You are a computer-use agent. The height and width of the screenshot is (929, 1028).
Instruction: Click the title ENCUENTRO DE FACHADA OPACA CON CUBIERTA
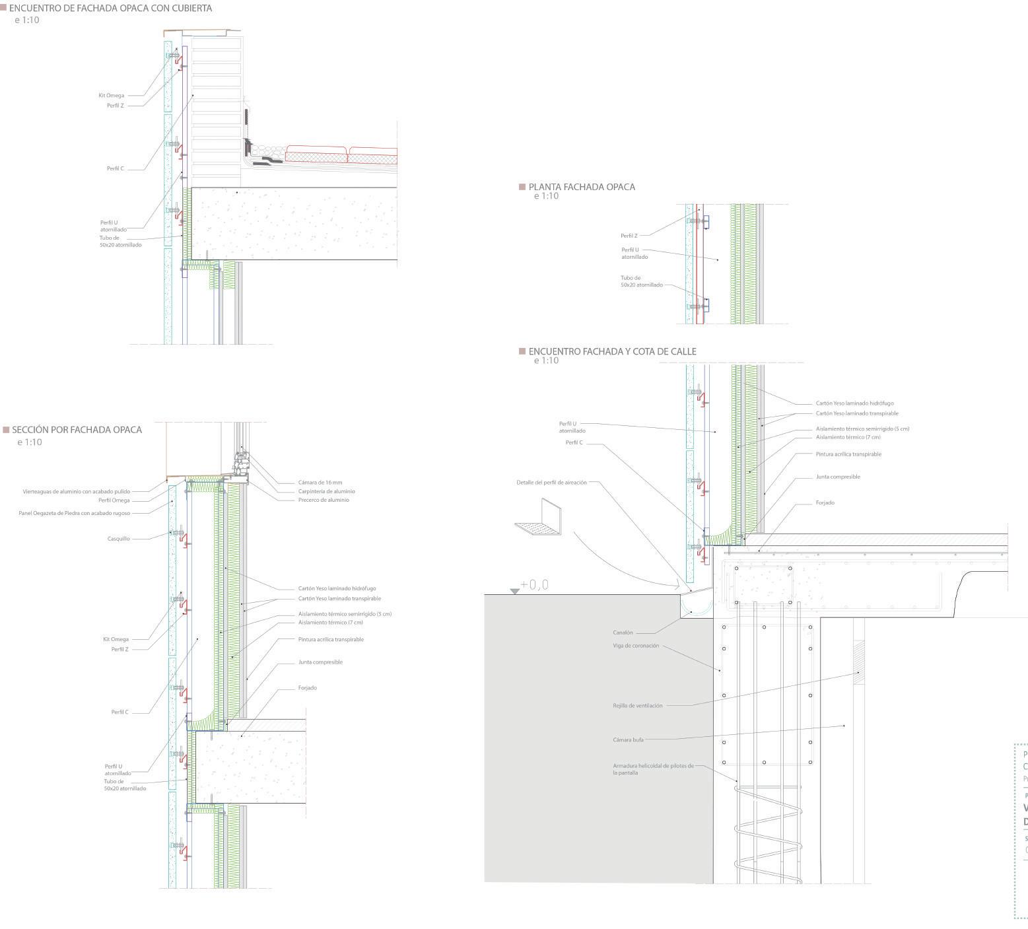pyautogui.click(x=110, y=9)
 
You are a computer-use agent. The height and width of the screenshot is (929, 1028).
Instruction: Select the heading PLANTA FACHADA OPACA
pyautogui.click(x=582, y=187)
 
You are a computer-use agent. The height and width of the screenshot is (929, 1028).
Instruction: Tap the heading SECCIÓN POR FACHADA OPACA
pyautogui.click(x=77, y=430)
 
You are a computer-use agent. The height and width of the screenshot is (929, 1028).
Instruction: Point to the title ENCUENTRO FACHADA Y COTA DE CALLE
pyautogui.click(x=612, y=351)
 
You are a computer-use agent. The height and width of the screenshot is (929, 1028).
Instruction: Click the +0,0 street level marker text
pyautogui.click(x=534, y=585)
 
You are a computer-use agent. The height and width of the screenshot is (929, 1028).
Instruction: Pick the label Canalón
pyautogui.click(x=623, y=633)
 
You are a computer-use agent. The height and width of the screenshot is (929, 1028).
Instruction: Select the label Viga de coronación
pyautogui.click(x=636, y=646)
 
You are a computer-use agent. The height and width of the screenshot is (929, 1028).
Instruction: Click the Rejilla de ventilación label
pyautogui.click(x=637, y=705)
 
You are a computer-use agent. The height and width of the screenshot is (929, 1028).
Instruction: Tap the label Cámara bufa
pyautogui.click(x=628, y=740)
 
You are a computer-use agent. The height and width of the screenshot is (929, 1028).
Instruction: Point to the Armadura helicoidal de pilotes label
pyautogui.click(x=653, y=769)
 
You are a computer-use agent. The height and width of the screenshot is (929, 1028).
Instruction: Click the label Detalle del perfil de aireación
pyautogui.click(x=551, y=483)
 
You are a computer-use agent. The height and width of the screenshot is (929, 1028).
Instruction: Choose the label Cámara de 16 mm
pyautogui.click(x=320, y=483)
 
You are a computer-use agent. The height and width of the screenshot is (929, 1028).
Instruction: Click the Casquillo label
pyautogui.click(x=119, y=539)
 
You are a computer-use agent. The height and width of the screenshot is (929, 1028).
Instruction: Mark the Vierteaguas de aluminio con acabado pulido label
pyautogui.click(x=86, y=491)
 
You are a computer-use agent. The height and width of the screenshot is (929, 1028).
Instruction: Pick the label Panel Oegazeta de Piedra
pyautogui.click(x=75, y=513)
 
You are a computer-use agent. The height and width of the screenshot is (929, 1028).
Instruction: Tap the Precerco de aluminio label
pyautogui.click(x=324, y=500)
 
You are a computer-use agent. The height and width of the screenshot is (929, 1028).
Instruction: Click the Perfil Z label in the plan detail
pyautogui.click(x=629, y=236)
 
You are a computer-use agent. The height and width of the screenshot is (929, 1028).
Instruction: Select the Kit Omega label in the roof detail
pyautogui.click(x=112, y=96)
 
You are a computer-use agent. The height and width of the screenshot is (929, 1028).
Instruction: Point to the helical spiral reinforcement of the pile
pyautogui.click(x=769, y=832)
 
